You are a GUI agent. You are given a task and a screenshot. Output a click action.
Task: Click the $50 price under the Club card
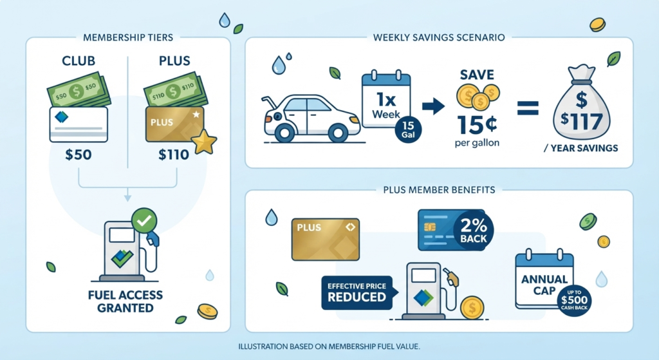[79, 155]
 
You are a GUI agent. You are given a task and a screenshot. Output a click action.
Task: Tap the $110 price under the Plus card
[174, 155]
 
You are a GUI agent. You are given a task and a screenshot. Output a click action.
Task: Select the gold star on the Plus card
[204, 142]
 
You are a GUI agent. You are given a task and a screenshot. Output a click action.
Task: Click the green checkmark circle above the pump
[144, 220]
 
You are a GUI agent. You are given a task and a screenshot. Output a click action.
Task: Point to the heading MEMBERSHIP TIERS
[128, 37]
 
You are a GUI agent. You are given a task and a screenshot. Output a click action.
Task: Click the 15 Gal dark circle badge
[408, 129]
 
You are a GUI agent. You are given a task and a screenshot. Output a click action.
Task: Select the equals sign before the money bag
[528, 108]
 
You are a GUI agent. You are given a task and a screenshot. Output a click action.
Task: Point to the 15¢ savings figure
[478, 124]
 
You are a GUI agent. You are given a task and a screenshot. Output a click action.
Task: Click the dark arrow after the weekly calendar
[433, 106]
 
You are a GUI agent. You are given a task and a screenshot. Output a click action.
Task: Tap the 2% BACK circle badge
[473, 231]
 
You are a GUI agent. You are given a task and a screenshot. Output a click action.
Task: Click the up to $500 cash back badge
[574, 300]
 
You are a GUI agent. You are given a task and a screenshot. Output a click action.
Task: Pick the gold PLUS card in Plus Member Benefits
[326, 240]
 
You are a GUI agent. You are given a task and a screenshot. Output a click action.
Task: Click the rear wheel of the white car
[284, 133]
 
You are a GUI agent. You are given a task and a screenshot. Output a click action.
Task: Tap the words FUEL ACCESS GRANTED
[125, 301]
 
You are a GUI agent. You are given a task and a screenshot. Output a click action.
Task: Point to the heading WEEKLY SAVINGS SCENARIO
[439, 37]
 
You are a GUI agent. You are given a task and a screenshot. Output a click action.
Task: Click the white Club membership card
[79, 124]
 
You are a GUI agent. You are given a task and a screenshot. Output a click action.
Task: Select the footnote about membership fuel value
[329, 347]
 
